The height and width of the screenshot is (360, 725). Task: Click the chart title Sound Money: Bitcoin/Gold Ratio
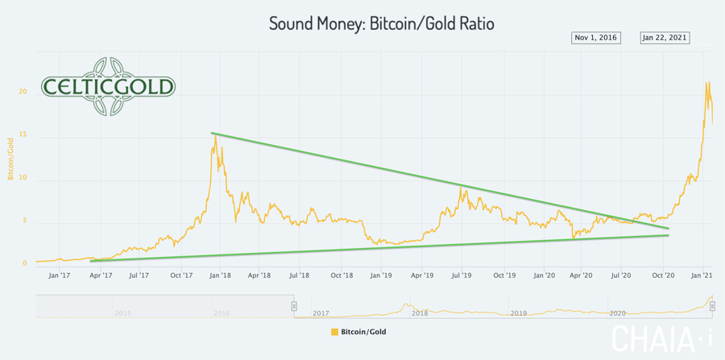click(381, 23)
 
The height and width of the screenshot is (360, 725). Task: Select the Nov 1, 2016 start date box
click(596, 37)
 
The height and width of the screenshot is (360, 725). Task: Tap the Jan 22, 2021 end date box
click(665, 37)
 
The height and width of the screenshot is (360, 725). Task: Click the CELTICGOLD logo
click(108, 86)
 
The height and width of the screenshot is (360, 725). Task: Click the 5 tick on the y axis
click(24, 220)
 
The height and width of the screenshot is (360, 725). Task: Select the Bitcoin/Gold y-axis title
click(11, 158)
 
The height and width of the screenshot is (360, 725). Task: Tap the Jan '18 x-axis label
click(220, 275)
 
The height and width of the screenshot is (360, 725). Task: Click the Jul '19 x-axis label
click(462, 275)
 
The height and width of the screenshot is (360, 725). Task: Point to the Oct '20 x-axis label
click(663, 275)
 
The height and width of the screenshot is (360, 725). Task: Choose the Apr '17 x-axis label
click(99, 275)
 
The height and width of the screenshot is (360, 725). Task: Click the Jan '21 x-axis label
click(703, 275)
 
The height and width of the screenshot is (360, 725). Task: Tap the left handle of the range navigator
click(294, 306)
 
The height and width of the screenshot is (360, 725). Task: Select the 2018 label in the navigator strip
click(420, 312)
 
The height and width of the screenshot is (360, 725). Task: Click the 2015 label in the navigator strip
click(122, 312)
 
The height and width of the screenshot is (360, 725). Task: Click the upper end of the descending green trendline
click(212, 133)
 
